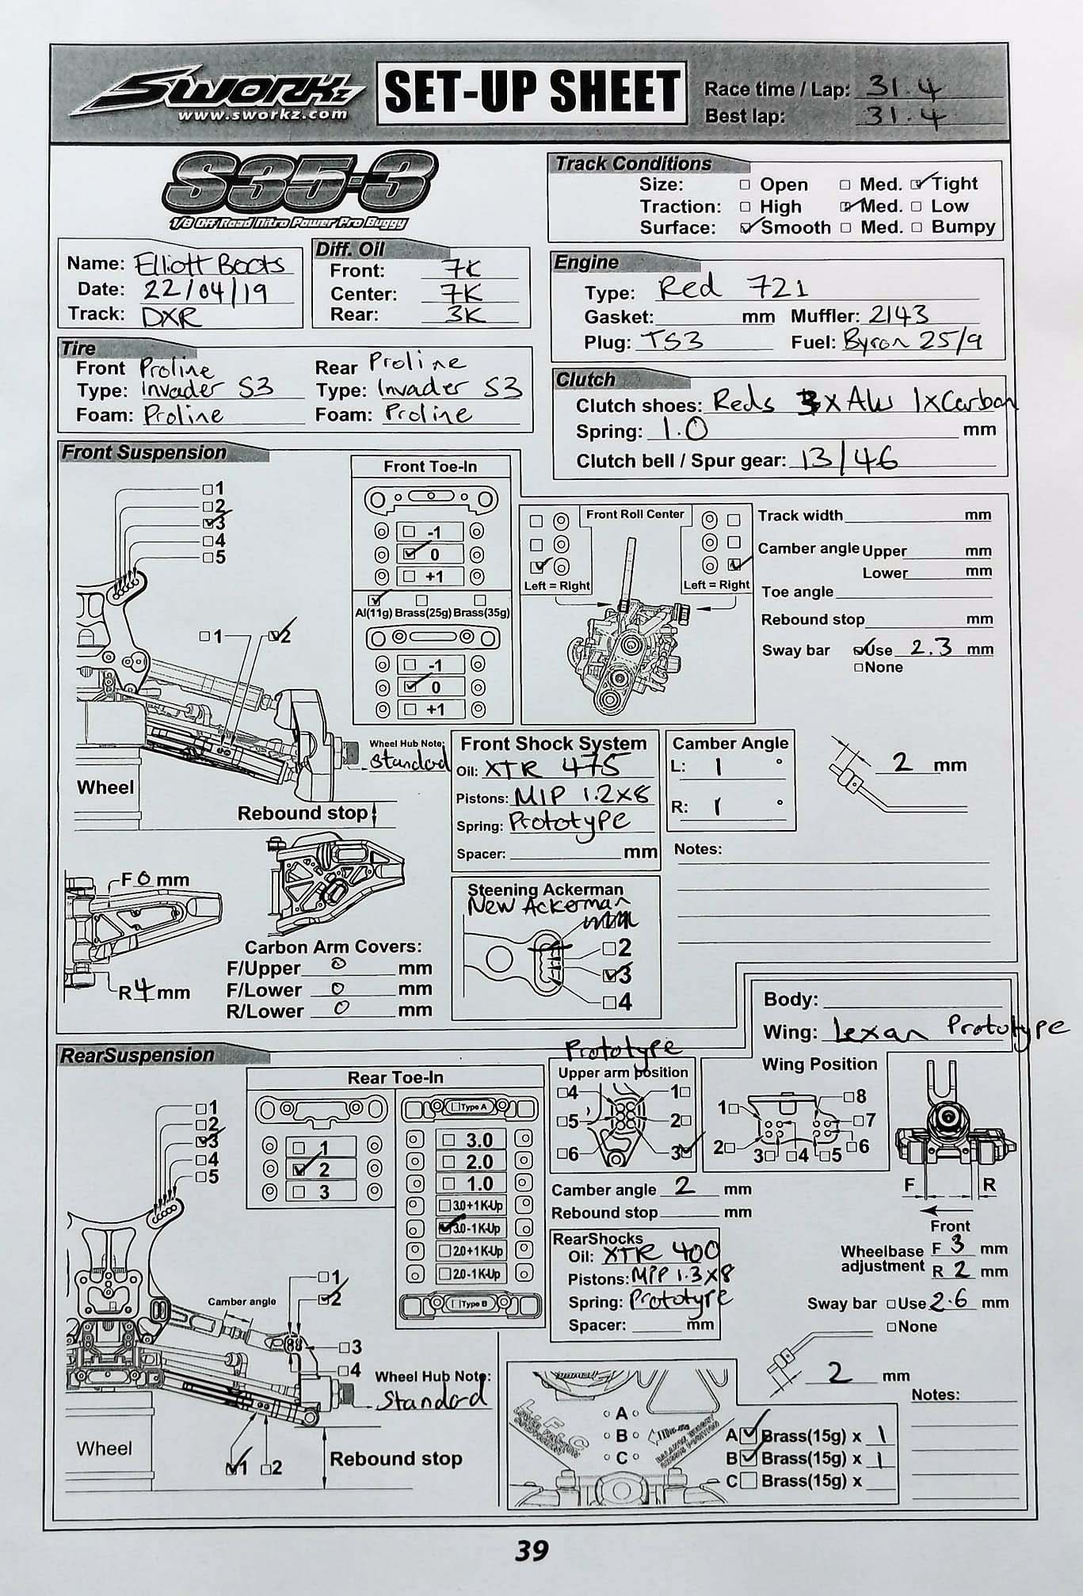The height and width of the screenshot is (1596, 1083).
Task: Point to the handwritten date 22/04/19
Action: point(204,291)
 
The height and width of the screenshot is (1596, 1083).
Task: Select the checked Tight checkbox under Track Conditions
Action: point(917,185)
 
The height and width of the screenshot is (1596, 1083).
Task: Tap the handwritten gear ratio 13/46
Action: point(848,459)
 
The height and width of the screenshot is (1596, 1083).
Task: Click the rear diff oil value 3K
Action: point(463,314)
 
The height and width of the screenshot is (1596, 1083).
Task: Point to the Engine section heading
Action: point(586,262)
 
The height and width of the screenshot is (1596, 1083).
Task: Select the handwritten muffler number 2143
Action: point(898,315)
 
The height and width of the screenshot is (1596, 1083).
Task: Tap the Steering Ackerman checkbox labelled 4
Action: point(608,1003)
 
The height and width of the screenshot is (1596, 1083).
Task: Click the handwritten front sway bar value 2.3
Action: point(931,647)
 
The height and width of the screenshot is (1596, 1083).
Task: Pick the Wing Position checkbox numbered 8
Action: point(848,1096)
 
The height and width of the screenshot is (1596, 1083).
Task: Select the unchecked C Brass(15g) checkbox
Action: point(749,1480)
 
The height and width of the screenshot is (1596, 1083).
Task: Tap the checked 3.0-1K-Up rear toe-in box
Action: point(445,1228)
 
